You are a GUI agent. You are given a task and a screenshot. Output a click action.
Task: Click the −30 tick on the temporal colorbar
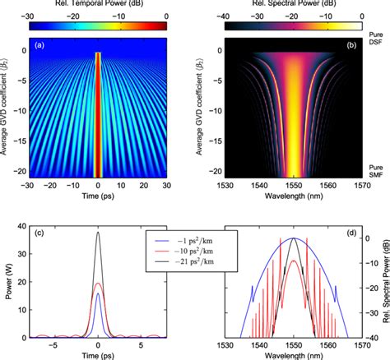click(30, 16)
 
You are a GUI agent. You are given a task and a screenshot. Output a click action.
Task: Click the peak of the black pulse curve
click(98, 233)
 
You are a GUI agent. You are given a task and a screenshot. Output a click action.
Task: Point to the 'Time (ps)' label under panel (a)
click(98, 202)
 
